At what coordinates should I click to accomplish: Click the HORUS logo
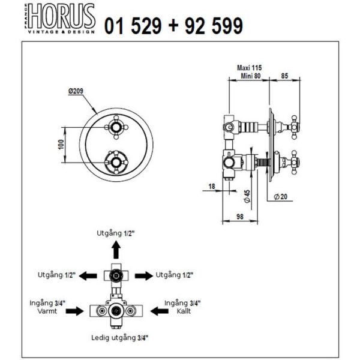pos(59,19)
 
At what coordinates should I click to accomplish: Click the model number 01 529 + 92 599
pos(173,26)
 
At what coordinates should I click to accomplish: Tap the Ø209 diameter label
pos(76,91)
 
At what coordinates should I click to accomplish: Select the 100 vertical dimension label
pos(61,145)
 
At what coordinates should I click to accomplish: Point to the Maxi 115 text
pos(249,68)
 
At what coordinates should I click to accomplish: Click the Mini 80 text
pos(250,76)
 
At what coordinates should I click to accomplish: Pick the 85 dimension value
pos(284,76)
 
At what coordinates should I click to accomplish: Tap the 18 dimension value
pos(212,186)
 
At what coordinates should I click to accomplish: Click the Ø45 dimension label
pos(247,196)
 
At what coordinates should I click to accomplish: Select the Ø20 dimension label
pos(281,197)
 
